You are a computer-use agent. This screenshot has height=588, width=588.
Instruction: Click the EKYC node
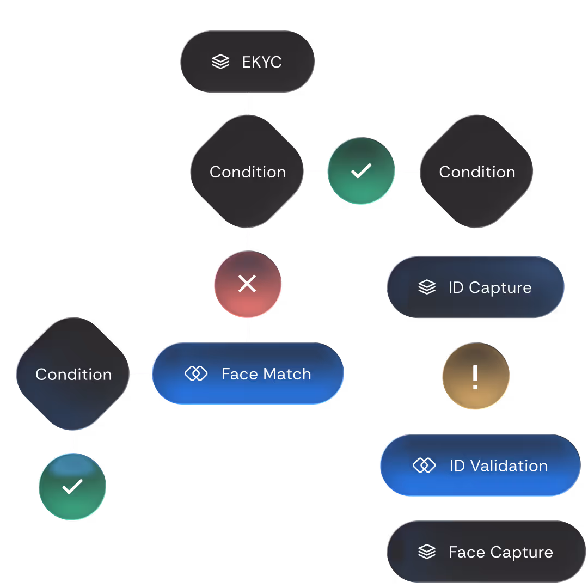(247, 62)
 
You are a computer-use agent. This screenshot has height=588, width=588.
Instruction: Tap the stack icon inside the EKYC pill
(220, 62)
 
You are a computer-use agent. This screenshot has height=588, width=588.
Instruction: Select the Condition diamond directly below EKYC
(247, 171)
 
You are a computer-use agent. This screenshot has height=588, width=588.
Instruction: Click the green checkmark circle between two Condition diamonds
(361, 171)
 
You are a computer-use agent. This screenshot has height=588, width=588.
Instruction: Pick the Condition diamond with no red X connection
(477, 171)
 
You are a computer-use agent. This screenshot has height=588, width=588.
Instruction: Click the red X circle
(247, 284)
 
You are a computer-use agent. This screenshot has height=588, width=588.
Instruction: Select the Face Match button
(248, 373)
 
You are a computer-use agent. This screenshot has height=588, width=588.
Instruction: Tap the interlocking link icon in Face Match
(196, 373)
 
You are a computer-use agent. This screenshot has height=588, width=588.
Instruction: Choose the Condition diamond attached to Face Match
(73, 374)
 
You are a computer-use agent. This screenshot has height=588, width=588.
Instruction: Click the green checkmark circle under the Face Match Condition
(72, 486)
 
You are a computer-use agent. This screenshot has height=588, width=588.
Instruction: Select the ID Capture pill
(475, 287)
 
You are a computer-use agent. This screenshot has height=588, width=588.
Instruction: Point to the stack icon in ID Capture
(427, 287)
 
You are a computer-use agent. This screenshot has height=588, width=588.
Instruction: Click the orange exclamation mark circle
(475, 376)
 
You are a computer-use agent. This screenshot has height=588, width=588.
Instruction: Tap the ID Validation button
(480, 465)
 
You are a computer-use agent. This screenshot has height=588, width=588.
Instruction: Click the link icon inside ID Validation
(424, 465)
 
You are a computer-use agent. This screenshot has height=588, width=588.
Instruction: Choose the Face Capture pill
(486, 552)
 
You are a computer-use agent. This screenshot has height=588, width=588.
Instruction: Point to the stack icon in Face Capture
(427, 552)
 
